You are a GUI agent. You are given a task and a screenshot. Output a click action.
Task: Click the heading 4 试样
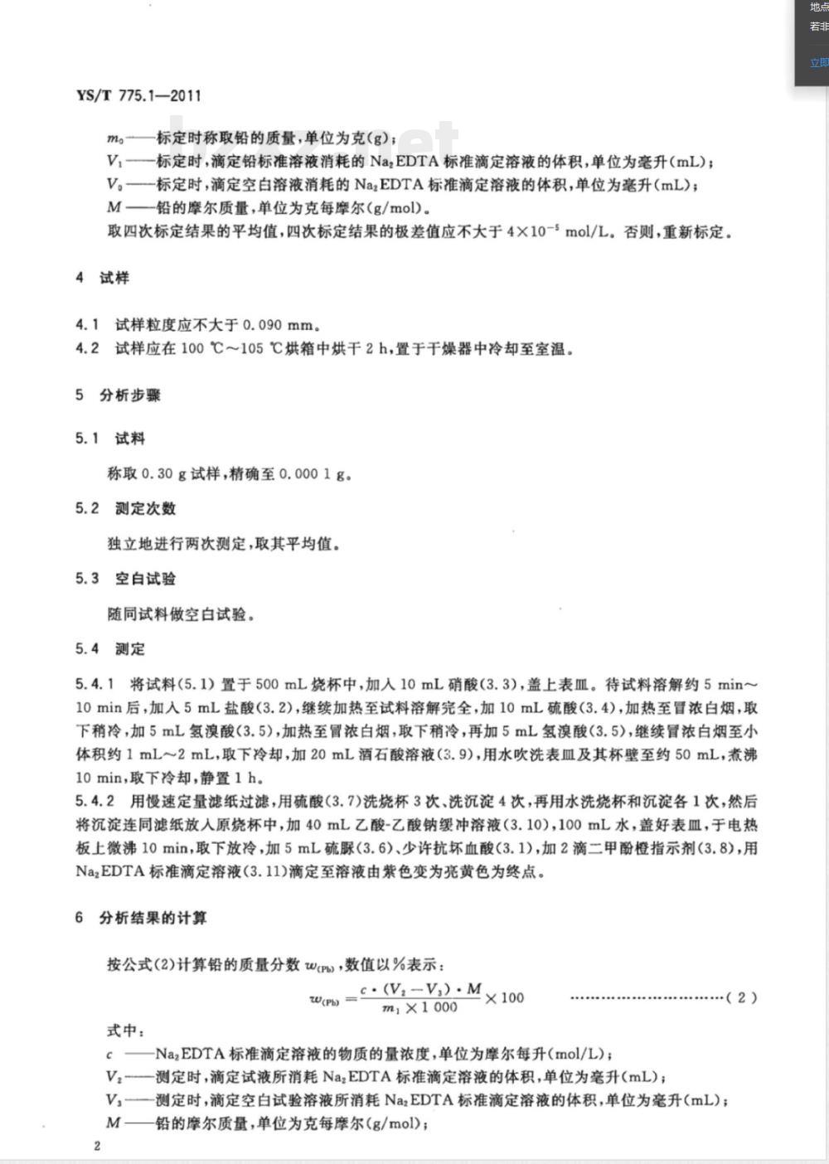103,279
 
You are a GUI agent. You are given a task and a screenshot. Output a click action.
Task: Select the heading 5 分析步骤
118,395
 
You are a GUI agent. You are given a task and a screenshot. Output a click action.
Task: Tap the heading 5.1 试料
110,439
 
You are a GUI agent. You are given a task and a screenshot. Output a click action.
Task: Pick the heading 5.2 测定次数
125,509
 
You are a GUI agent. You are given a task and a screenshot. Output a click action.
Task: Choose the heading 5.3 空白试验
125,579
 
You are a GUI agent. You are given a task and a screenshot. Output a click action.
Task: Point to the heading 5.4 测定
110,649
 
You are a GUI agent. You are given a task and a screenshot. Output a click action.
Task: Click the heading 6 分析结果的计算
141,919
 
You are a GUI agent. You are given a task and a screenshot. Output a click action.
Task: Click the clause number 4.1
87,325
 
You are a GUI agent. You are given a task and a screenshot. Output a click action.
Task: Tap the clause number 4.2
87,348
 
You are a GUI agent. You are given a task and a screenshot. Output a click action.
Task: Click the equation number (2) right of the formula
741,997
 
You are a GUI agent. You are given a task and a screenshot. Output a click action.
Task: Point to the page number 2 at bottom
97,1146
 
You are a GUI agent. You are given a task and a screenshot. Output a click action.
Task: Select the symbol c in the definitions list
110,1055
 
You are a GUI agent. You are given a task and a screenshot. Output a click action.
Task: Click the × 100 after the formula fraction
505,997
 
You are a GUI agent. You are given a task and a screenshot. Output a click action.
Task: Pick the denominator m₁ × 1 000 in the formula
420,1008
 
